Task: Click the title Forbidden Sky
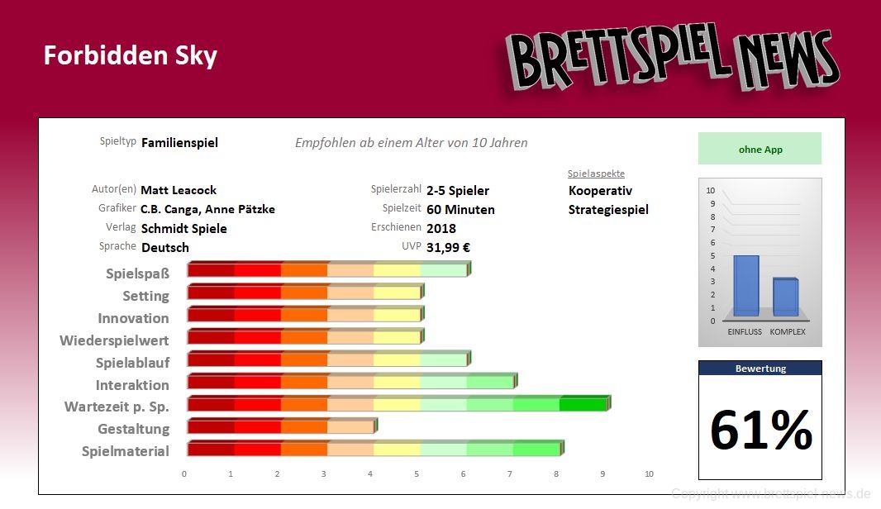tap(130, 55)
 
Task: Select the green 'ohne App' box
tap(760, 150)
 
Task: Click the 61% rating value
tap(760, 429)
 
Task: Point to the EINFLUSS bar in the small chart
tap(745, 286)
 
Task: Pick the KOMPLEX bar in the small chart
tap(785, 297)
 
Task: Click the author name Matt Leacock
tap(179, 190)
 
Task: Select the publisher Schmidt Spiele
tap(183, 228)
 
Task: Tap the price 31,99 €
tap(449, 247)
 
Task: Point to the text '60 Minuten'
tap(460, 209)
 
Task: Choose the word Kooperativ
tap(600, 191)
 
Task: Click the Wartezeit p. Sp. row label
tap(117, 407)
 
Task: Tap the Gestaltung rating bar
tap(281, 426)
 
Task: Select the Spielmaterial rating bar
tap(374, 449)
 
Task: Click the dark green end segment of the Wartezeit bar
tap(583, 404)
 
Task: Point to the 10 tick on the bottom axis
tap(649, 474)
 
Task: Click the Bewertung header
tap(760, 369)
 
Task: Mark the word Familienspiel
tap(179, 143)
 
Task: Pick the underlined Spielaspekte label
tap(596, 174)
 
